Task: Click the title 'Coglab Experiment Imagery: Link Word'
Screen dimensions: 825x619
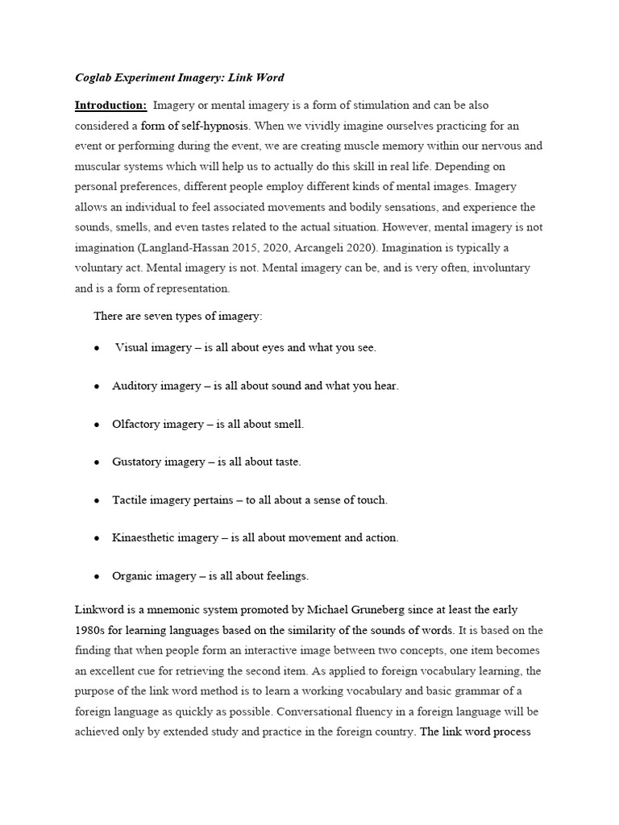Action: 179,77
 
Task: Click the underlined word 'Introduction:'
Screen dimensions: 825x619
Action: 110,105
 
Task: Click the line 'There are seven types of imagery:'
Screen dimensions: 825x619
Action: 177,316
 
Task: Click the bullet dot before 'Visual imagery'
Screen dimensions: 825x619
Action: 97,348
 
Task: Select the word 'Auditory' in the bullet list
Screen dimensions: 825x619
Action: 135,386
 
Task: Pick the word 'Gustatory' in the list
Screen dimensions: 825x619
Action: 137,462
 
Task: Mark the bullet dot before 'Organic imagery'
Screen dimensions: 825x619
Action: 97,576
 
